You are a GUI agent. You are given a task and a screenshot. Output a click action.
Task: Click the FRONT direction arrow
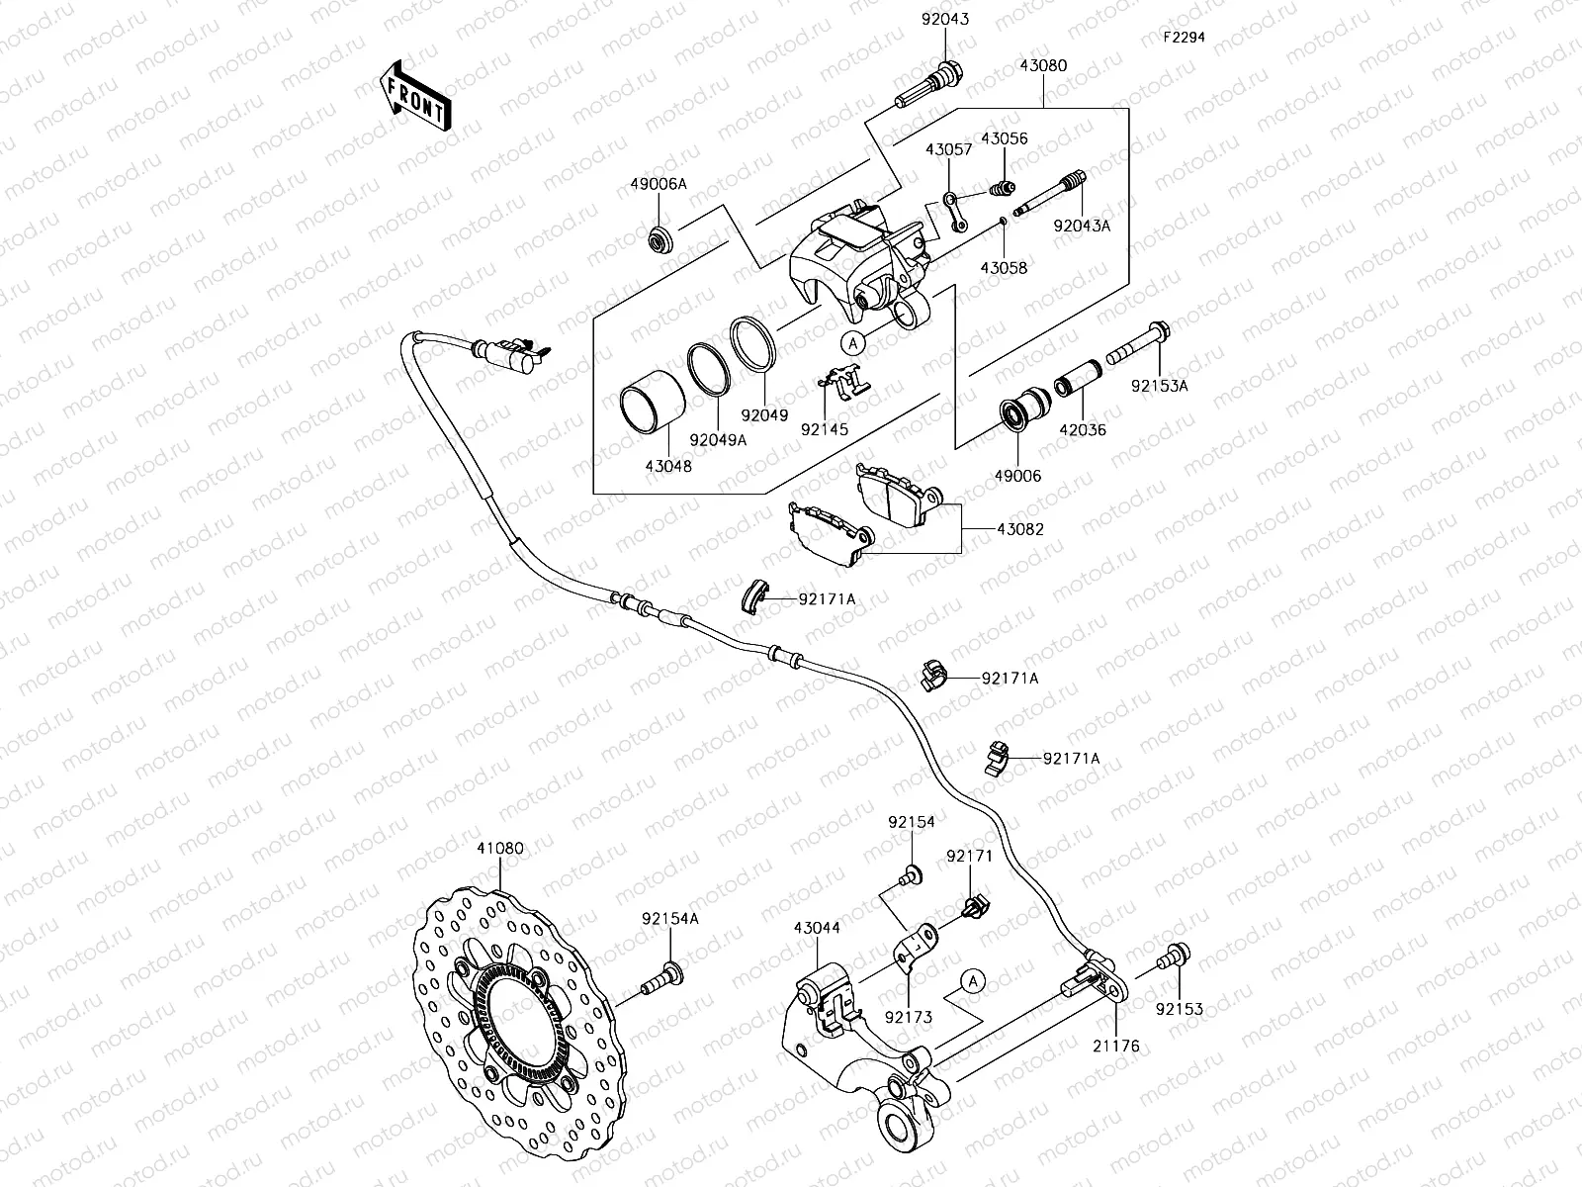[413, 97]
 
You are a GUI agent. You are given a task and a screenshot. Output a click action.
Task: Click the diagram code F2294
[1184, 37]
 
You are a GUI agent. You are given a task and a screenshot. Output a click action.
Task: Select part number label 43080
[1043, 66]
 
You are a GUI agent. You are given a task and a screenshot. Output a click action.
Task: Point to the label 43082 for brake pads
[1019, 529]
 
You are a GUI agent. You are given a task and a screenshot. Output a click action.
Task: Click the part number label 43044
[817, 928]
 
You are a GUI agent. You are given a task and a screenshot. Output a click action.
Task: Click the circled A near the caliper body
[853, 342]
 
